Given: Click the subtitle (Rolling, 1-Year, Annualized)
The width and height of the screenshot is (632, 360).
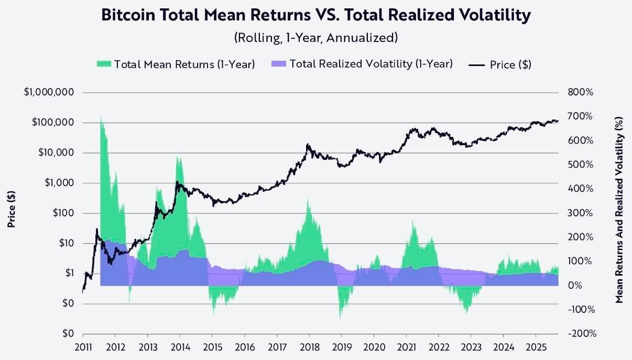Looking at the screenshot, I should click(x=315, y=38).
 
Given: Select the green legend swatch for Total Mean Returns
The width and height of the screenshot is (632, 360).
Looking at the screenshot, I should click(x=104, y=64).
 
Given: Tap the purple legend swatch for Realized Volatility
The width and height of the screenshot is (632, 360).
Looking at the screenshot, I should click(x=279, y=64).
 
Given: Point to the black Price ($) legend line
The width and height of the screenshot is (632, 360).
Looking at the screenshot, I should click(x=477, y=64).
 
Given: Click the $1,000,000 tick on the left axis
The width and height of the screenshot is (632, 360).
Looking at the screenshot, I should click(x=50, y=92).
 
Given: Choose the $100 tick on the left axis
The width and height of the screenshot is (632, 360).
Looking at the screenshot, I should click(x=63, y=213).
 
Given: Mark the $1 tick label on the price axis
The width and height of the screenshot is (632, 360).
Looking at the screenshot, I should click(x=68, y=273).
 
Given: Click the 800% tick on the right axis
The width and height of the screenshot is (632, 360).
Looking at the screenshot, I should click(x=580, y=92).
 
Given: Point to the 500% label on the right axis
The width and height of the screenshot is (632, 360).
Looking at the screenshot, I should click(x=580, y=165).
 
